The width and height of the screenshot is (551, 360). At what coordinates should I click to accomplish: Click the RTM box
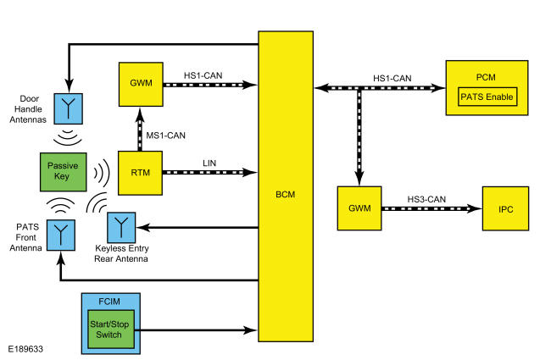click(140, 173)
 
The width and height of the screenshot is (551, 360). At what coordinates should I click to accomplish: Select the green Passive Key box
click(64, 172)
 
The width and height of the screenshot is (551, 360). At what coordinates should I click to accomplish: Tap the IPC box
click(505, 208)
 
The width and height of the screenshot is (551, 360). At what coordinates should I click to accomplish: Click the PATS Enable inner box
click(487, 97)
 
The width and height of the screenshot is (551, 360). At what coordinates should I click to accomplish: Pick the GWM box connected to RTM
click(141, 85)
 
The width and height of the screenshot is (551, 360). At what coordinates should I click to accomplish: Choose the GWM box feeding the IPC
click(359, 208)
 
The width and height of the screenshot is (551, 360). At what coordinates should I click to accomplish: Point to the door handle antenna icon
click(68, 108)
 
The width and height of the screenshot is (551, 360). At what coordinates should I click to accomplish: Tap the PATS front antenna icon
click(61, 235)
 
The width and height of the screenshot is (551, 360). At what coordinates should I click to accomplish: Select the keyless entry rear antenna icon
click(121, 227)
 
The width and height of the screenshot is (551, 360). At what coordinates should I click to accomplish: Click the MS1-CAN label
click(165, 136)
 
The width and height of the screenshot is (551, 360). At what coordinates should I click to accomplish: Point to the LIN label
click(209, 163)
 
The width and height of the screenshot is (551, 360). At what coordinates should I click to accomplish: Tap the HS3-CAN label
click(426, 200)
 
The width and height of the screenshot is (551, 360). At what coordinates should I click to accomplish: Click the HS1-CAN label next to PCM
click(392, 78)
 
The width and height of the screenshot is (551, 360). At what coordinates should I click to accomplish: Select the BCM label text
click(286, 195)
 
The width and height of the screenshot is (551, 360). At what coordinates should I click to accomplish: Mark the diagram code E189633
click(25, 349)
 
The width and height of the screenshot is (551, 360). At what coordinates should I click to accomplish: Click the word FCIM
click(109, 302)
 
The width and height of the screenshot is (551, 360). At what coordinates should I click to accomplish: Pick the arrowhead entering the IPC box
click(475, 209)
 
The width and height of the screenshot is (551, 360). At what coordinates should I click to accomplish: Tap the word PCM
click(486, 77)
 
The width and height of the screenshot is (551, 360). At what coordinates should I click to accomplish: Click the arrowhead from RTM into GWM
click(140, 114)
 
